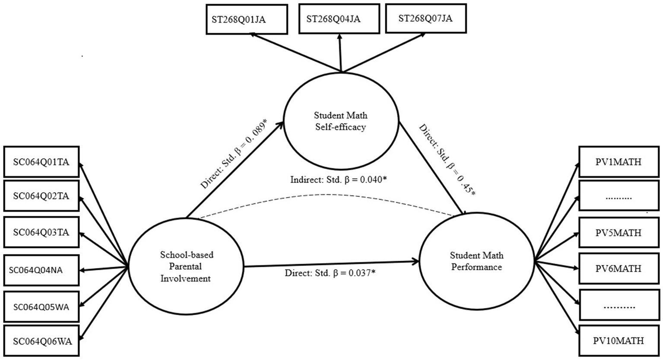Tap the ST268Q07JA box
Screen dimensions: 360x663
coord(426,19)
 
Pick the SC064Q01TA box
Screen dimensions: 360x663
coord(41,162)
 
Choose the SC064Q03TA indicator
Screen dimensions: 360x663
coord(41,233)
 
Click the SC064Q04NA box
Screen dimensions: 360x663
coord(41,270)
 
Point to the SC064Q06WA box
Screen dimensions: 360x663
coord(41,341)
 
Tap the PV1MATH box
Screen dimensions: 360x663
coord(619,162)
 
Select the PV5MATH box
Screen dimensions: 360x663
coord(619,233)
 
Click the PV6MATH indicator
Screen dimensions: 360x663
coord(619,268)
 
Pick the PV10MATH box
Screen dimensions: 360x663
coord(619,341)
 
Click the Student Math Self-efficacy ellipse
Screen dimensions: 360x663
coord(340,121)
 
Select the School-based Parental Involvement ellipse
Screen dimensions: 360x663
coord(186,266)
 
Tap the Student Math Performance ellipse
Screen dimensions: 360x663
coord(476,261)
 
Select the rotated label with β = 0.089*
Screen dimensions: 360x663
coord(234,155)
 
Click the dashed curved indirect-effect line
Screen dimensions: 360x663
coord(328,195)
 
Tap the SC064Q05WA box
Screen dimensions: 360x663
coord(41,307)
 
